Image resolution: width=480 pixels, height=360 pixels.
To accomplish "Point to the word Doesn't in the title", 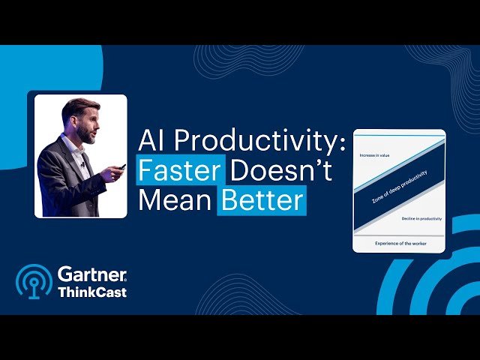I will tap(280, 170).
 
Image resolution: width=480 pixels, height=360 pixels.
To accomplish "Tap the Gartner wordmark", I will tap(92, 274).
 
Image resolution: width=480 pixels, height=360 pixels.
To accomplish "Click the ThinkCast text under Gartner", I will tap(92, 292).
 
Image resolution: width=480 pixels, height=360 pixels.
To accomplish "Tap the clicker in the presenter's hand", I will tap(121, 166).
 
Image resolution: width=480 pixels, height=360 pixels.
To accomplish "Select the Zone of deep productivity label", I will tap(398, 188).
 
